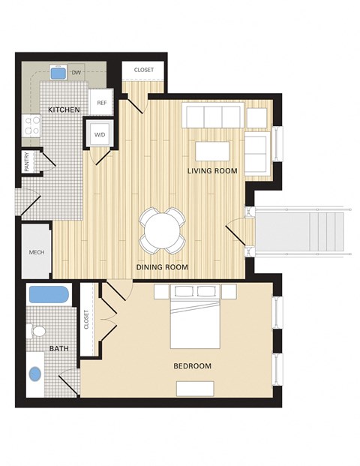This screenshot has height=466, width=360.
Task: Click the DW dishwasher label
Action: coord(76,73)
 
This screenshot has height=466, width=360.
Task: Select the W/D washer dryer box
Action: coord(99,135)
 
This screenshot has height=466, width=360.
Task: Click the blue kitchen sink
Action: coord(58,73)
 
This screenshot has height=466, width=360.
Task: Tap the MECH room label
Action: coord(36,253)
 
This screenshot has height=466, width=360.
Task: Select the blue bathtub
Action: coord(49,294)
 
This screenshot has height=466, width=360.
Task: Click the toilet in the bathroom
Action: coord(38,331)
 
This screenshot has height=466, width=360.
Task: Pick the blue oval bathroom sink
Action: coord(35,373)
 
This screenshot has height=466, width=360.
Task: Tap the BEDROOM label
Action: coord(192,366)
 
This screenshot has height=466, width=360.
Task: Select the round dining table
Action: coord(162,229)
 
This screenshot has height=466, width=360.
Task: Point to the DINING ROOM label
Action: coord(162,267)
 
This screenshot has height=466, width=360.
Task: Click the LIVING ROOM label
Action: coord(212,171)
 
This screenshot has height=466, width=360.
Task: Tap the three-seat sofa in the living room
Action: coord(213,117)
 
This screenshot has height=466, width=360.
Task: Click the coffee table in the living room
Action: coord(212,150)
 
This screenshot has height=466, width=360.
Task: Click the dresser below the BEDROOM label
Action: coord(195,388)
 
